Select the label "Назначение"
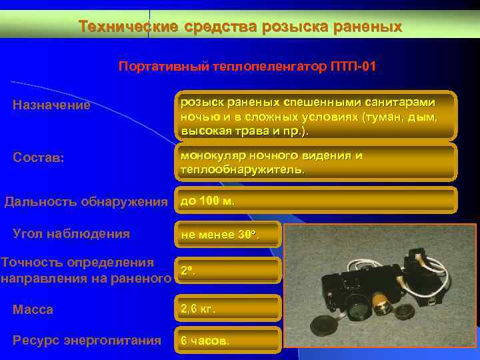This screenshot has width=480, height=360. [52, 105]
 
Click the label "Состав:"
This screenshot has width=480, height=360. [39, 158]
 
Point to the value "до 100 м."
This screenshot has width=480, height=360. [208, 201]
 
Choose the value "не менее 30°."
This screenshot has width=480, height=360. [220, 235]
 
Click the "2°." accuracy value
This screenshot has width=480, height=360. [189, 271]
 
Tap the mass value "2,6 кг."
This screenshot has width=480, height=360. [199, 309]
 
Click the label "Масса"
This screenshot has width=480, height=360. [33, 309]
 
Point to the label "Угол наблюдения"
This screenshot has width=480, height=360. [71, 234]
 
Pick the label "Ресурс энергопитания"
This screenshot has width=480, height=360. [87, 340]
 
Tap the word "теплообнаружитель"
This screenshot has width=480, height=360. [242, 169]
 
